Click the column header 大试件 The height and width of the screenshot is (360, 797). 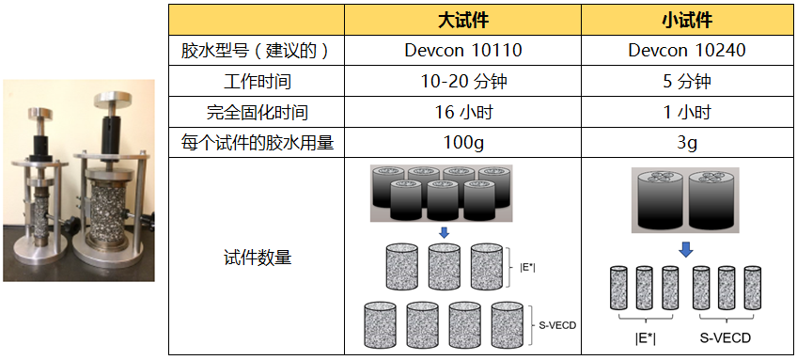(463, 20)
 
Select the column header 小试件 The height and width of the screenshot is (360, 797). (686, 20)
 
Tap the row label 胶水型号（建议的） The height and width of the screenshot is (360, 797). (255, 50)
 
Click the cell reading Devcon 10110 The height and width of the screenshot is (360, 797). (463, 50)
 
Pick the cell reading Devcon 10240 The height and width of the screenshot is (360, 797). (686, 50)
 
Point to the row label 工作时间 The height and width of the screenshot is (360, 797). (255, 81)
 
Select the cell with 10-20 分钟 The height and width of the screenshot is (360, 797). (463, 81)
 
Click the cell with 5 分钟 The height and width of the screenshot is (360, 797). (686, 81)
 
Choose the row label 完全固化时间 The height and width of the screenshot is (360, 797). (255, 112)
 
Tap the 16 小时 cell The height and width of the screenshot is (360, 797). (463, 112)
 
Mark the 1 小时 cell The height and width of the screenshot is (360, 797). (686, 112)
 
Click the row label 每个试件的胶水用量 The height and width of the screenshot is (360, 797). (255, 143)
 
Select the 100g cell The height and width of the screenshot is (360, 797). (463, 143)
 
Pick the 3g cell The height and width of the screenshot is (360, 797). (686, 143)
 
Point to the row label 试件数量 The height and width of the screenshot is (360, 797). (255, 257)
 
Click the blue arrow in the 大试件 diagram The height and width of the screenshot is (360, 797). (445, 231)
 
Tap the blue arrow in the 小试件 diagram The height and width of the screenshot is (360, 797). (686, 248)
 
